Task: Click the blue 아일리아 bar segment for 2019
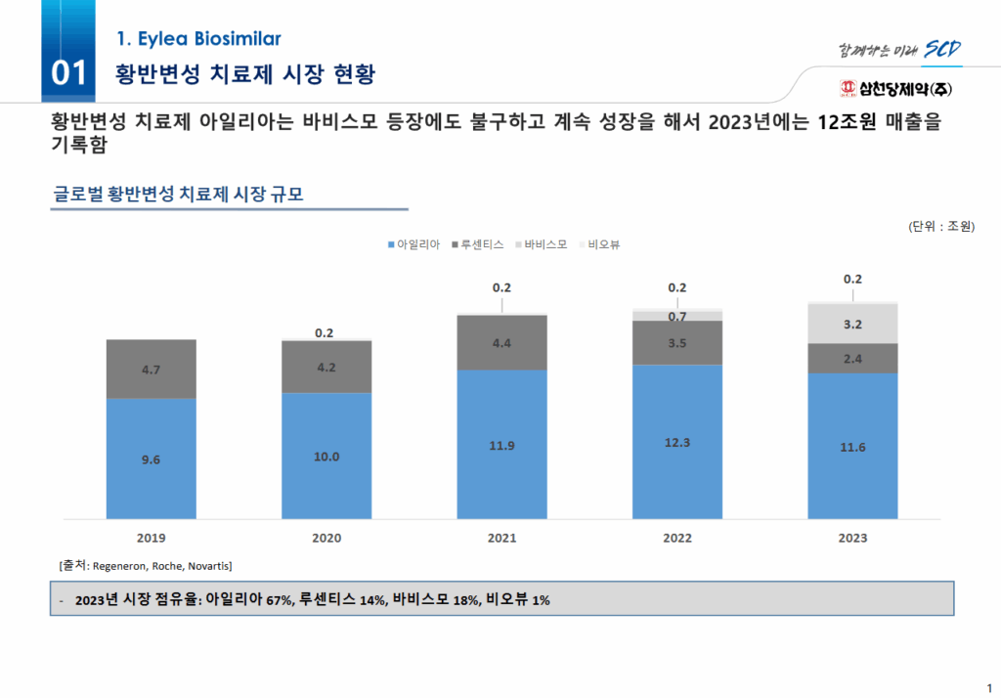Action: (x=151, y=458)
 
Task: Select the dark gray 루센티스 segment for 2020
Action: (x=326, y=367)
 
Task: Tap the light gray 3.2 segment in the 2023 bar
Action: (x=852, y=324)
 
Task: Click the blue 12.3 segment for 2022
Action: (x=677, y=442)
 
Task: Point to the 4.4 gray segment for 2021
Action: (x=501, y=342)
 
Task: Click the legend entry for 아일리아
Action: (x=414, y=244)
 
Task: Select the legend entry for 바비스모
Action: (x=540, y=244)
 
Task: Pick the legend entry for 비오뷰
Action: (x=601, y=244)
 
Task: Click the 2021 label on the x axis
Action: (x=501, y=538)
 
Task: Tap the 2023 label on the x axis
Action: (x=852, y=538)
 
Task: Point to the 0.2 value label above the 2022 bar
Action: (x=676, y=287)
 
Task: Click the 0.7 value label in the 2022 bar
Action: (x=676, y=316)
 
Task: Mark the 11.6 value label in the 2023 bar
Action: (x=852, y=447)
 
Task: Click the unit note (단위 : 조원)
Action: (x=940, y=227)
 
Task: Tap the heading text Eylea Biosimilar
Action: (x=198, y=39)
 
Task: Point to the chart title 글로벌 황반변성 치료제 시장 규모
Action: (x=178, y=195)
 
